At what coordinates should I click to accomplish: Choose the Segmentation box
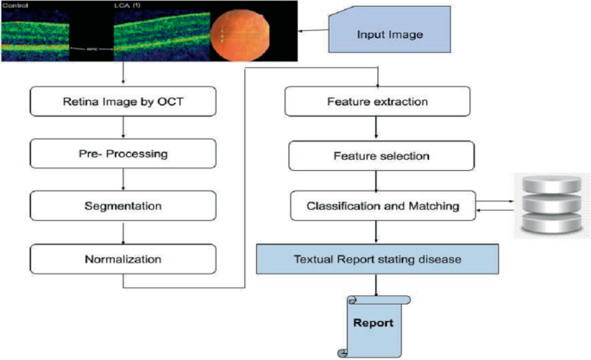[123, 206]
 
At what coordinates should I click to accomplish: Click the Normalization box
[123, 258]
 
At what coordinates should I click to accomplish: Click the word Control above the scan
[15, 6]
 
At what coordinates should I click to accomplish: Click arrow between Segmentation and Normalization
[123, 232]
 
